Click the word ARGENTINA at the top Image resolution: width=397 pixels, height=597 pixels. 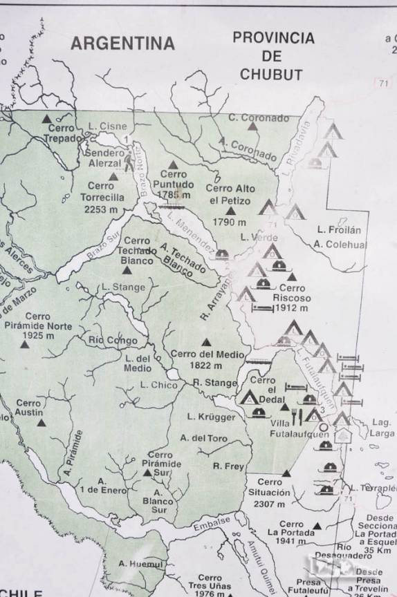coord(123,44)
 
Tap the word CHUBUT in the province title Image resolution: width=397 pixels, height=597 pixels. coord(272,74)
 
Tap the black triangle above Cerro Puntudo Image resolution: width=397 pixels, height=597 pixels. coord(173,164)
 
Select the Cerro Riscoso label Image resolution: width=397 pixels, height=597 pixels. coord(292,293)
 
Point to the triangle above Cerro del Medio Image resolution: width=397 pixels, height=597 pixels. coord(205,342)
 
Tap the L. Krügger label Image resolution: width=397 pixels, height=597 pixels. coord(212,417)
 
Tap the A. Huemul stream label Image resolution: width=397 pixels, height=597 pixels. coord(141,565)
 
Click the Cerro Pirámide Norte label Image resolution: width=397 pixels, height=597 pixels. coord(37,325)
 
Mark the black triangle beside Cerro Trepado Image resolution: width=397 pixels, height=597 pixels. coord(46,119)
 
